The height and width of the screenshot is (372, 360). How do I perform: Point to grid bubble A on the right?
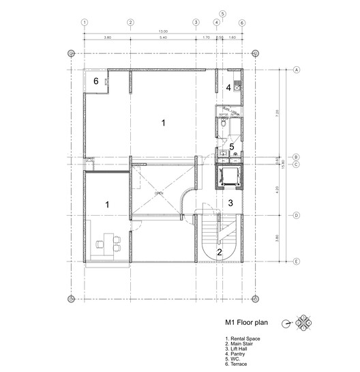(297, 70)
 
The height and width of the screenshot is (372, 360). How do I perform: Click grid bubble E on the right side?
(297, 261)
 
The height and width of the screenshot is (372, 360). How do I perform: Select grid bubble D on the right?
(297, 215)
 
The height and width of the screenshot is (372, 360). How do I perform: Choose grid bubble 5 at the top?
(222, 13)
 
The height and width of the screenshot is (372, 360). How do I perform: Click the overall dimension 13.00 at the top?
(163, 32)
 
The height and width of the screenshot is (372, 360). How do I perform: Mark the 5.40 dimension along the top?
(162, 38)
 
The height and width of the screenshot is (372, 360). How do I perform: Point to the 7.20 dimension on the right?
(277, 113)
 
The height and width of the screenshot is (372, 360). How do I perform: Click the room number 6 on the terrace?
(96, 81)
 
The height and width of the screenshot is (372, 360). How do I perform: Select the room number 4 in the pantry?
(229, 87)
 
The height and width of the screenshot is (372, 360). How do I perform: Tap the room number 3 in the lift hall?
(230, 203)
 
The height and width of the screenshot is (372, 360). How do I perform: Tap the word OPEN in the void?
(159, 194)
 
